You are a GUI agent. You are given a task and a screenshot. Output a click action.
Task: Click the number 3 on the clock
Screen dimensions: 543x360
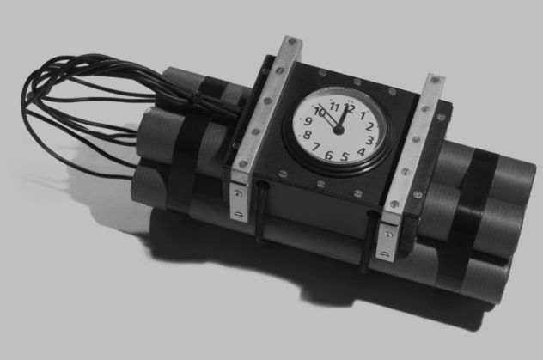coord(369,140)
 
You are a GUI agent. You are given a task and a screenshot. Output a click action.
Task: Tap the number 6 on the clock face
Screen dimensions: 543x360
coord(329,156)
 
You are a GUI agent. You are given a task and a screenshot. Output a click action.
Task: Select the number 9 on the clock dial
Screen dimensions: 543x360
coord(308,121)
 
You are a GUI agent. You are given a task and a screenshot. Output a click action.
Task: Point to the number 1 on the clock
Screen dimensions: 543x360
coord(363,115)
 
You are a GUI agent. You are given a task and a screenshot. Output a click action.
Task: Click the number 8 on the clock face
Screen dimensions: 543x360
coord(307,135)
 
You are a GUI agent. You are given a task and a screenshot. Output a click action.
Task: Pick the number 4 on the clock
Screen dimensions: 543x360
coord(361,152)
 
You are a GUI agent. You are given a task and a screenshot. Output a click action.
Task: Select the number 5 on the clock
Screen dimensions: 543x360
coord(344,157)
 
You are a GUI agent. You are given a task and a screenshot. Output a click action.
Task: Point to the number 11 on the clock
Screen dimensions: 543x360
coord(334,107)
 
